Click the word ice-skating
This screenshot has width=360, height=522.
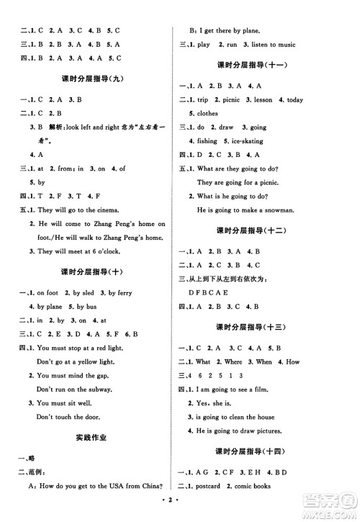click(x=246, y=141)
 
